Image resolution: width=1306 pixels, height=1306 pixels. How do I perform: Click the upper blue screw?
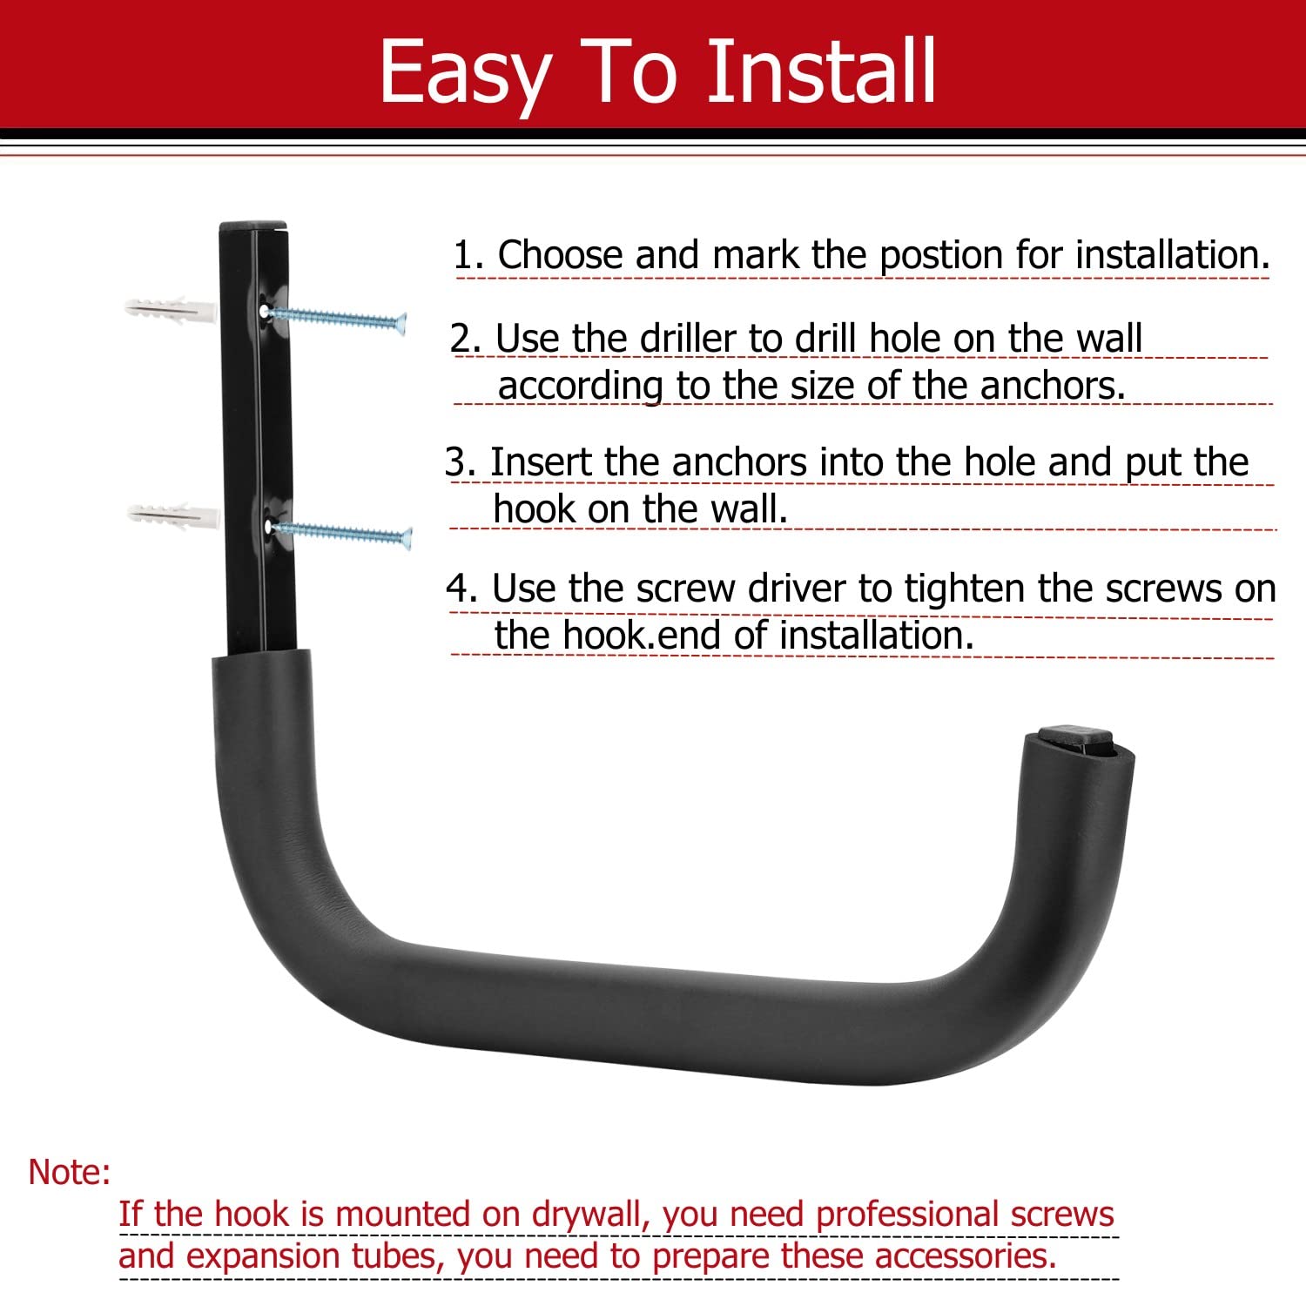(x=336, y=320)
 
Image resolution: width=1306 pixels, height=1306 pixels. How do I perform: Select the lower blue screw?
(x=340, y=533)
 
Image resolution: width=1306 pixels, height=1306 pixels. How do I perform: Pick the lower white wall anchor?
(x=173, y=515)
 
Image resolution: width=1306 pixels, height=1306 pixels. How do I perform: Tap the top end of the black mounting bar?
(x=252, y=228)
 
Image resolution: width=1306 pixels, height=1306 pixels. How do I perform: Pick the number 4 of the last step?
(x=461, y=589)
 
